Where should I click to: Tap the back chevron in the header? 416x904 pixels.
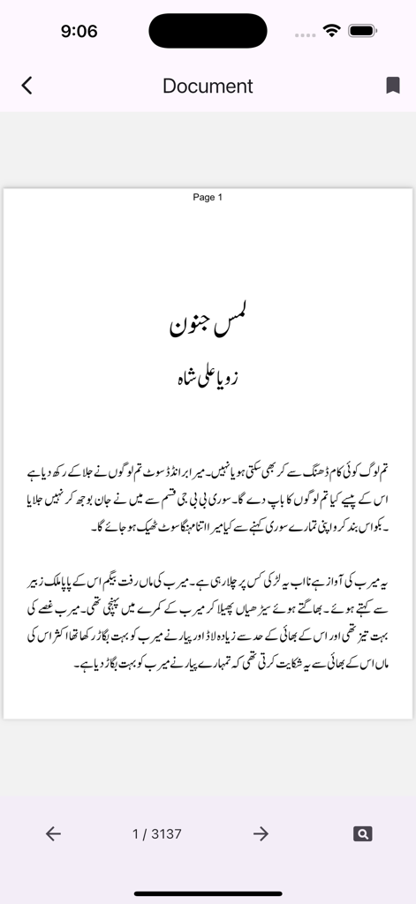pyautogui.click(x=26, y=86)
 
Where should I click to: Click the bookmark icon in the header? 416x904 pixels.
pyautogui.click(x=393, y=86)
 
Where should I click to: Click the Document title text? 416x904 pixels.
pyautogui.click(x=208, y=86)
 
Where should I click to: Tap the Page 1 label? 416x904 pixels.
pyautogui.click(x=208, y=197)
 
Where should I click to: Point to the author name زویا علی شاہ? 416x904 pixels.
pyautogui.click(x=208, y=377)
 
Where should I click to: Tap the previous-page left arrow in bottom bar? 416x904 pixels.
pyautogui.click(x=53, y=833)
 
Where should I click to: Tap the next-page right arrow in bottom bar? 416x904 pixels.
pyautogui.click(x=261, y=833)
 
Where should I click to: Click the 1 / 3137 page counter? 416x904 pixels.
pyautogui.click(x=157, y=833)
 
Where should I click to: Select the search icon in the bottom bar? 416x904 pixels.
pyautogui.click(x=362, y=833)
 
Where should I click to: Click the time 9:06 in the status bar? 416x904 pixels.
pyautogui.click(x=79, y=31)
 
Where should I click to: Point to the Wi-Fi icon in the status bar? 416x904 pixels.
pyautogui.click(x=332, y=31)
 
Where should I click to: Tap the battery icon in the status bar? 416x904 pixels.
pyautogui.click(x=363, y=31)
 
